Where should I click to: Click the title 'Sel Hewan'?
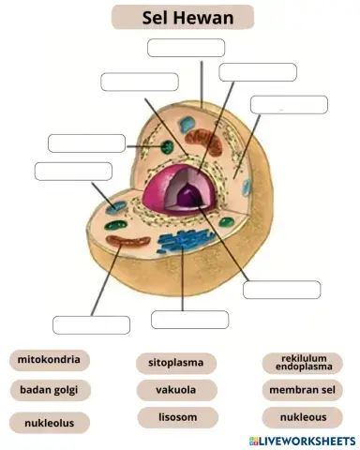(x=182, y=17)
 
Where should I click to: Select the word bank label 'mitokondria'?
(x=50, y=359)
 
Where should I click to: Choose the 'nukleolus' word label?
(x=50, y=422)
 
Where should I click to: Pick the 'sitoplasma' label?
(x=176, y=362)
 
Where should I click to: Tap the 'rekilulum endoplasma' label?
(x=303, y=362)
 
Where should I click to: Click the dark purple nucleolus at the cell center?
(x=192, y=195)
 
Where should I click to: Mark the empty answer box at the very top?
(x=187, y=48)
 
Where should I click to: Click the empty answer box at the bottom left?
(x=91, y=325)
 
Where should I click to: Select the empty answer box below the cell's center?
(x=189, y=319)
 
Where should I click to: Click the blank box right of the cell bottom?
(x=281, y=290)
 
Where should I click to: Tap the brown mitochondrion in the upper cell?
(x=210, y=143)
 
